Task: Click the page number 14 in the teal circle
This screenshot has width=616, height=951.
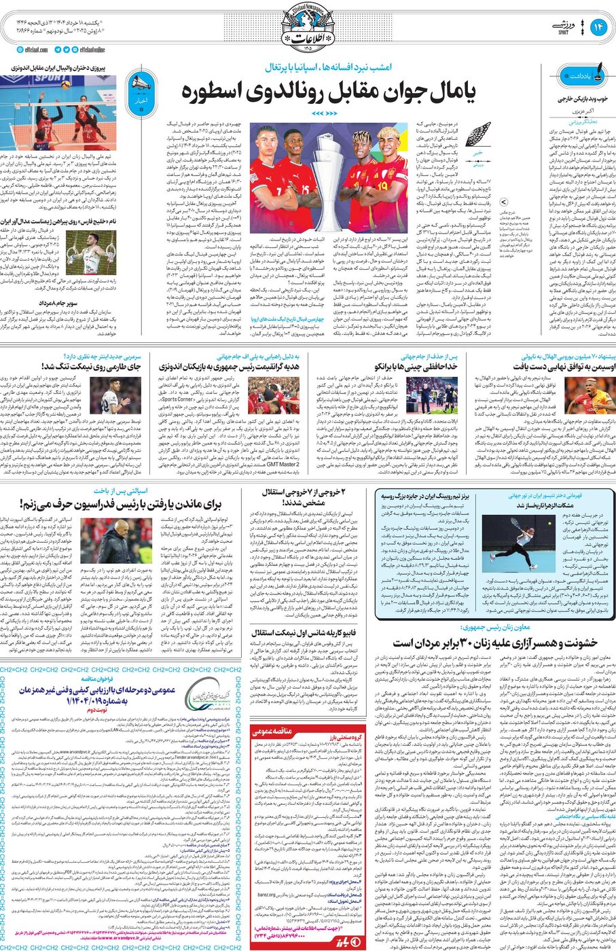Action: (x=599, y=27)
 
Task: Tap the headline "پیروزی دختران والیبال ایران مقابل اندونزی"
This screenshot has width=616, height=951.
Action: (x=65, y=68)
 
